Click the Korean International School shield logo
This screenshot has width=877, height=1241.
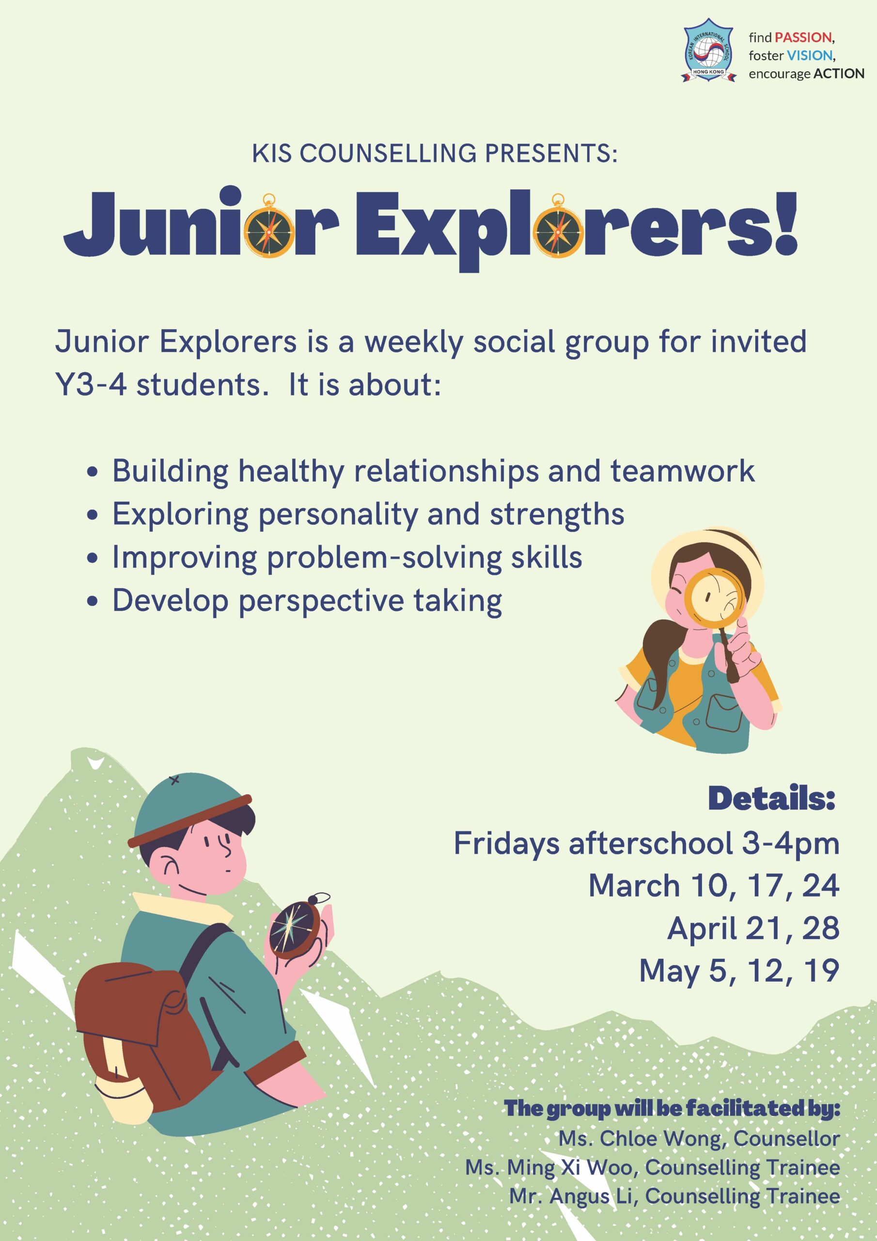coord(709,51)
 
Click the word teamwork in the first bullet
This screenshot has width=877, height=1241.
coord(683,471)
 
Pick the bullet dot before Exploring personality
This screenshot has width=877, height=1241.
coord(93,516)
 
